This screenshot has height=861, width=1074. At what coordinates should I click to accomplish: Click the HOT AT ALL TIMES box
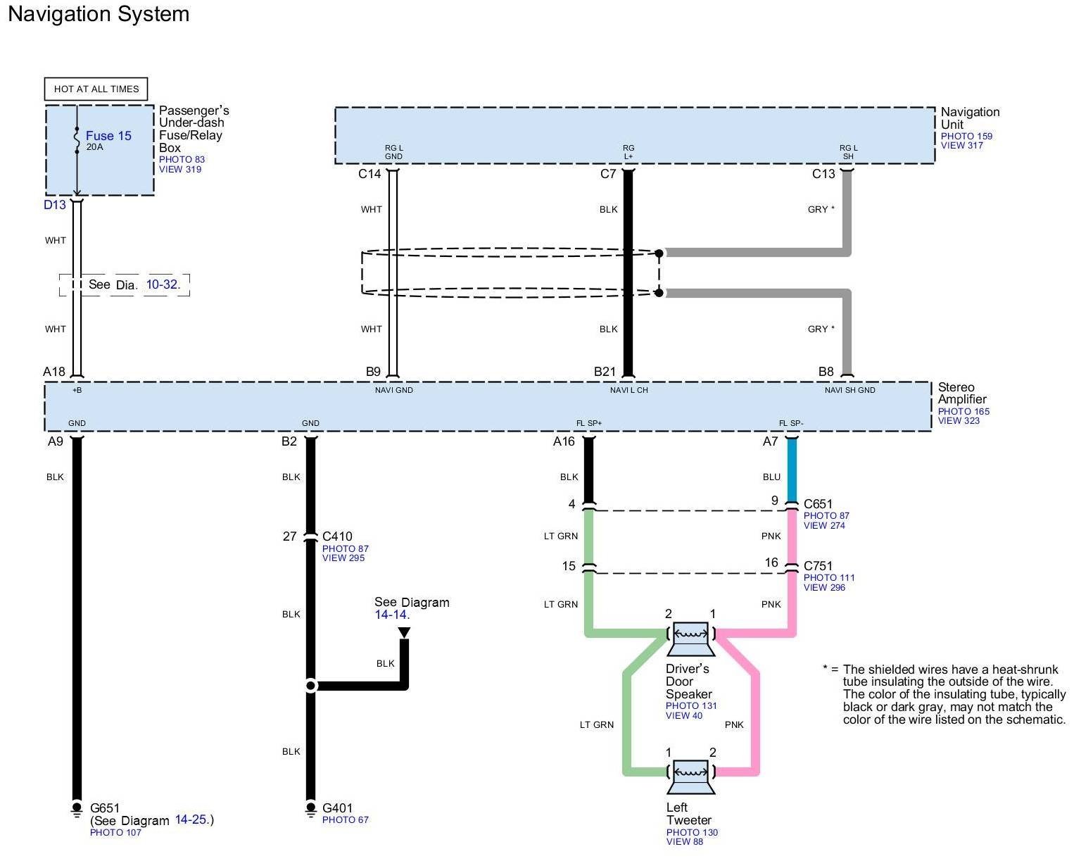point(96,89)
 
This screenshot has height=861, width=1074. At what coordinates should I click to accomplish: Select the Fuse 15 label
point(108,136)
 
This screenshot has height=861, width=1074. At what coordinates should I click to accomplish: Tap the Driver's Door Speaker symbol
point(690,638)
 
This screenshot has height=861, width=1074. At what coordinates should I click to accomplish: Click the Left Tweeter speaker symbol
point(690,777)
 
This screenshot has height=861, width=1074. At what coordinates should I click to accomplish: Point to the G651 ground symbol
point(77,810)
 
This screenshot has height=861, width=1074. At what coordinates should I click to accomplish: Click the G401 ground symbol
point(310,810)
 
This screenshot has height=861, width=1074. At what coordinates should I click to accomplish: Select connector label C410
point(337,536)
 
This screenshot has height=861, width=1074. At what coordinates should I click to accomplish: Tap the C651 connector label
point(818,504)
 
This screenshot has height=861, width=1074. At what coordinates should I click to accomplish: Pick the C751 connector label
point(818,566)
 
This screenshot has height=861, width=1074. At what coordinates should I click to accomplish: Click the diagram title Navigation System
point(99,14)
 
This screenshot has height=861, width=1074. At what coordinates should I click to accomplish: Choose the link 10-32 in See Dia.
point(162,284)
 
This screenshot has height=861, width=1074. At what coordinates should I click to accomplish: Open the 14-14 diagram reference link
point(391,615)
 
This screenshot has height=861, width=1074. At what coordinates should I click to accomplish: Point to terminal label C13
point(823,174)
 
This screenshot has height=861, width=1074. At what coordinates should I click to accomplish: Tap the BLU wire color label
point(771,477)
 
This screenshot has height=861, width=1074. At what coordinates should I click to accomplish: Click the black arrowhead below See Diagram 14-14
point(404,633)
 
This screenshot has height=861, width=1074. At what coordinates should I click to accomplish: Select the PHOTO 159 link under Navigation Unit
point(966,136)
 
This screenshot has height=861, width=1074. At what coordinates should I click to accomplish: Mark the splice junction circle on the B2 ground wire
point(310,686)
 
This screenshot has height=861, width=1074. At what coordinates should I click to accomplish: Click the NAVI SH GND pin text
point(849,390)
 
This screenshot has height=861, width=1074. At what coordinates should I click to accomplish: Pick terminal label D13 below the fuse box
point(54,205)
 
